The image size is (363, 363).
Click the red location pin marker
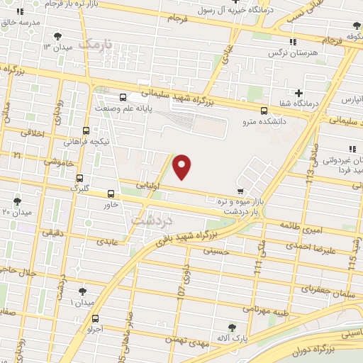(182, 166)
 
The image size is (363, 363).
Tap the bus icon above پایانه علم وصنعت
(123, 97)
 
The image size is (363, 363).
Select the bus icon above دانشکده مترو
(264, 111)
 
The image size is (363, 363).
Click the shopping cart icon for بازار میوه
(241, 191)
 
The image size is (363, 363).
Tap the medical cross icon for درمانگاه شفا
(298, 93)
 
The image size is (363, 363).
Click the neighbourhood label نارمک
(95, 44)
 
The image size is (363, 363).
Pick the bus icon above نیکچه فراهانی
(86, 130)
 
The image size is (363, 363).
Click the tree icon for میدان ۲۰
(17, 202)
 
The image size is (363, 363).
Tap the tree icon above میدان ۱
(83, 291)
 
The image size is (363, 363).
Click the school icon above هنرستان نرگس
(294, 42)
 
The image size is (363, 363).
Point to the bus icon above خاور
(111, 194)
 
